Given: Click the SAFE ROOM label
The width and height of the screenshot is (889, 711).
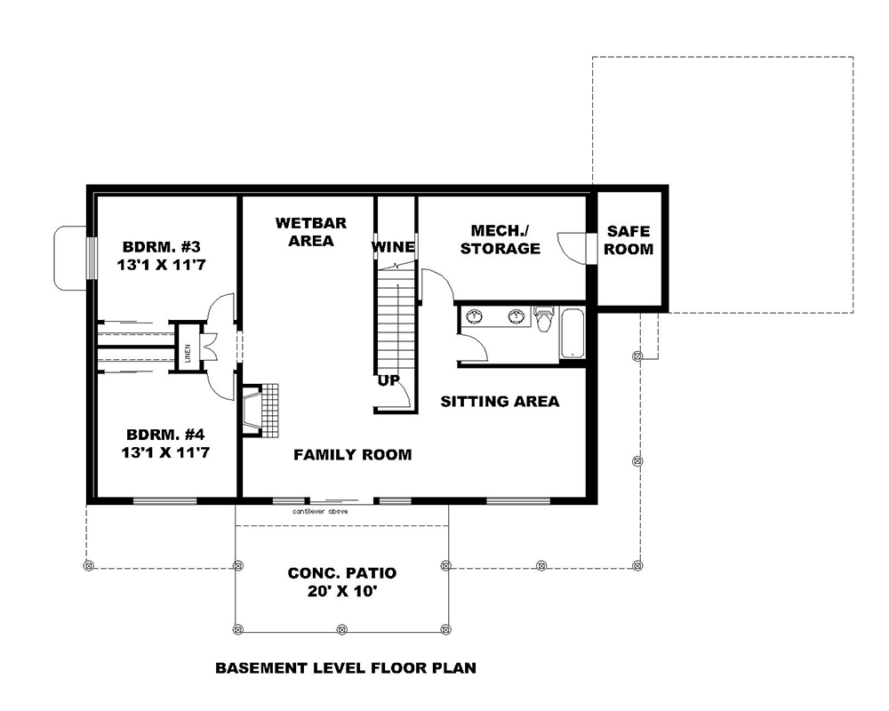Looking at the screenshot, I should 629,240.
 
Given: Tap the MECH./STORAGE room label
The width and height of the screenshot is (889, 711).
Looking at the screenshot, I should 500,240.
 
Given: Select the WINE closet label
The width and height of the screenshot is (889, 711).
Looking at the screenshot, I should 393,246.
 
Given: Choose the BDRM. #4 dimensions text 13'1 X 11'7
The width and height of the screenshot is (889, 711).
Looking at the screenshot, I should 166,451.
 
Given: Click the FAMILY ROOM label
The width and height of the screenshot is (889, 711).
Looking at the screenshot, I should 353,455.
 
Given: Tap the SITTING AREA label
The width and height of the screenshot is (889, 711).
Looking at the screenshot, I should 501,402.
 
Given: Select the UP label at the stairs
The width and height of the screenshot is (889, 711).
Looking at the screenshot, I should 388,379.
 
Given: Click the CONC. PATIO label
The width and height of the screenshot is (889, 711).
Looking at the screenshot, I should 342,573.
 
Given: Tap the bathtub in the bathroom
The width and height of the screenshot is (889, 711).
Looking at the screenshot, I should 571,333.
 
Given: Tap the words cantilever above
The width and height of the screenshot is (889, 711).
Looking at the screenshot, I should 324,512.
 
